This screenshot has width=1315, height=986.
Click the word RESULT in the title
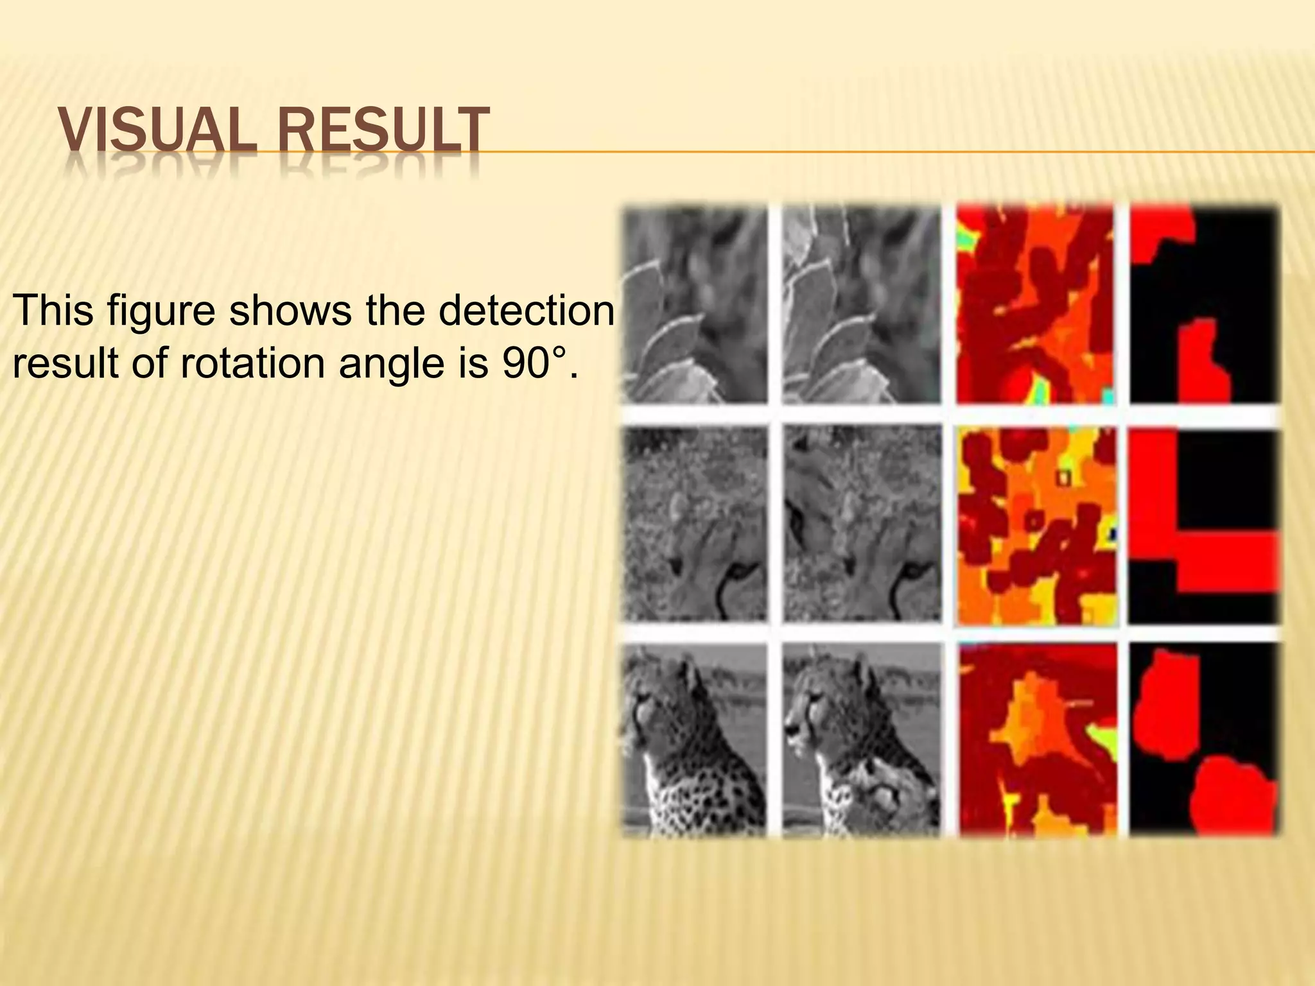tap(379, 132)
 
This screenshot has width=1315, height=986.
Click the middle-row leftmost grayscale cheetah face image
tap(695, 524)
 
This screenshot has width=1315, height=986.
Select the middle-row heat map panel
tap(1036, 524)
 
